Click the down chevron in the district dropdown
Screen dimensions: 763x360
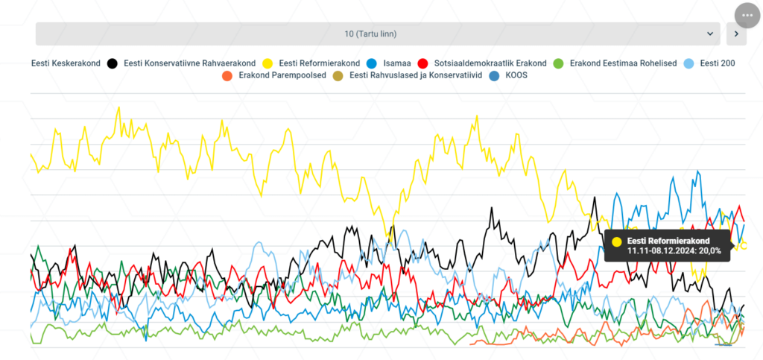click(710, 34)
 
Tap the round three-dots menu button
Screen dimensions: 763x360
click(747, 16)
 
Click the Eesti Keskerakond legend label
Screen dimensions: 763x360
click(66, 63)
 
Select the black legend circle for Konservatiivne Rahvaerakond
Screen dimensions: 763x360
click(113, 63)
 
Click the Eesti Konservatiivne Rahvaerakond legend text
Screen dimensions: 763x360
click(190, 63)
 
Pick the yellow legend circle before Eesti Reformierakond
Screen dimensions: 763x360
click(267, 63)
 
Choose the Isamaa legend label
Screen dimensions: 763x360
click(396, 63)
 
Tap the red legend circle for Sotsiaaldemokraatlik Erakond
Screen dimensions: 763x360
click(423, 63)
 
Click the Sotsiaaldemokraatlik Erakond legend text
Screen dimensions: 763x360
click(490, 63)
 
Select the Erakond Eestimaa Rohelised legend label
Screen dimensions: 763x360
click(623, 63)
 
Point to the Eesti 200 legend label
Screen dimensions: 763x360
click(718, 63)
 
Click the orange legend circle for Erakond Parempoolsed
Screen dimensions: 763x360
click(227, 76)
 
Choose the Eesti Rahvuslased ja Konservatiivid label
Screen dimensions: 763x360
click(416, 76)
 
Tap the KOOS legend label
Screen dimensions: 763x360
click(517, 76)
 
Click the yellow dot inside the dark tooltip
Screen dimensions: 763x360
click(617, 241)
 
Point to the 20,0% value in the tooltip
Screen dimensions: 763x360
click(709, 250)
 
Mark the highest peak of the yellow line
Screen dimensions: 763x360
click(118, 107)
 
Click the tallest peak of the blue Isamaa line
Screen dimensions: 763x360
click(698, 171)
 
